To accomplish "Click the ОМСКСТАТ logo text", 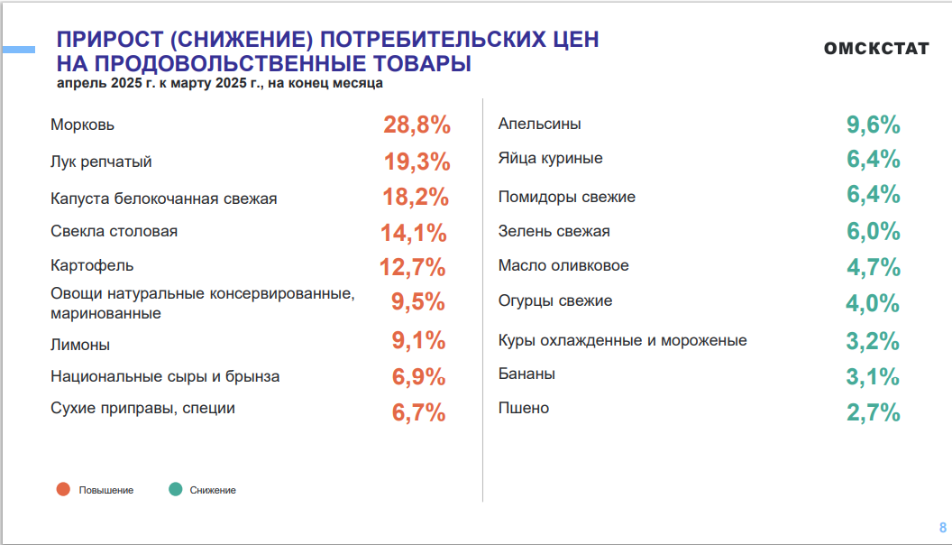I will click(x=875, y=49).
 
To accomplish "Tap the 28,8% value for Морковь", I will click(x=416, y=125).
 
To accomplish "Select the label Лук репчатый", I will click(x=101, y=162).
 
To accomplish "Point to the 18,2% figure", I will click(x=416, y=197).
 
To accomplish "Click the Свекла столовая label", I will click(x=114, y=231).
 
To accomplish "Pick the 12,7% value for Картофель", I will click(x=413, y=268).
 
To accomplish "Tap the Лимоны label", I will click(x=80, y=345).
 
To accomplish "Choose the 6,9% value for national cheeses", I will click(x=418, y=377).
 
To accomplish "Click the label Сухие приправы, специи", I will click(x=142, y=408).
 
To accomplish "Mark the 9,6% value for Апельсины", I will click(x=873, y=125).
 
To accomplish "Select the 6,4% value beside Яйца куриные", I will click(x=873, y=160).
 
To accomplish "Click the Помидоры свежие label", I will click(x=567, y=197).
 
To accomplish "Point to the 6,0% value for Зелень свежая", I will click(x=873, y=232).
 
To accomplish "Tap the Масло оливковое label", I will click(x=563, y=266).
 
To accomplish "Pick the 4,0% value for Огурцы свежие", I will click(x=873, y=303).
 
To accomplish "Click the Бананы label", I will click(x=526, y=374).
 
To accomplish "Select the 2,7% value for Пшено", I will click(x=873, y=413).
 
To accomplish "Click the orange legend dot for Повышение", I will click(x=63, y=489).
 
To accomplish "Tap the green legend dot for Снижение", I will click(x=175, y=489).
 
